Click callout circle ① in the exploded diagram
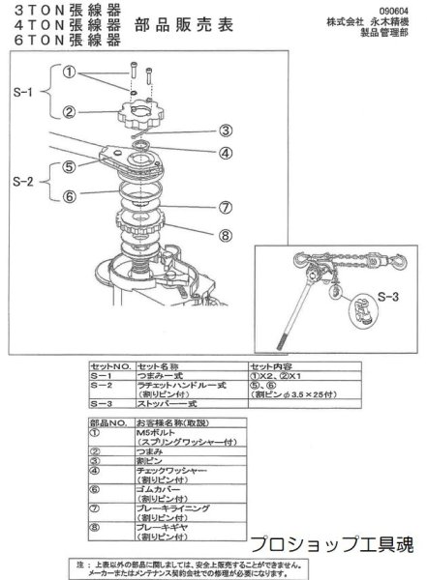[x=69, y=71]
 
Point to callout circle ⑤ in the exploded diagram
[x=69, y=165]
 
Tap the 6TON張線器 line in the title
[x=61, y=42]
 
